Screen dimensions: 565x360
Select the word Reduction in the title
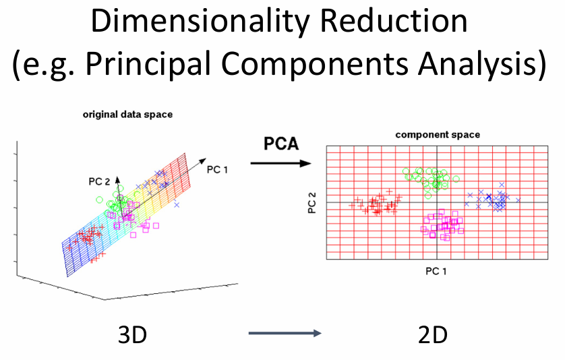tap(394, 21)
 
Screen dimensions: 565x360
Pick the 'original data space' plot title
tap(127, 115)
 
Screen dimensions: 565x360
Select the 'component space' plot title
tap(438, 135)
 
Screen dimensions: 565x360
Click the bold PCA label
tap(281, 144)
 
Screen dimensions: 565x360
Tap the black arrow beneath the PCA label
tap(280, 163)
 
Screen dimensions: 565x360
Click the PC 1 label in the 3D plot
tap(217, 170)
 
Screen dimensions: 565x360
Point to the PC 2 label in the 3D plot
tap(99, 181)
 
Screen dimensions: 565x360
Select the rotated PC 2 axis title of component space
tap(311, 202)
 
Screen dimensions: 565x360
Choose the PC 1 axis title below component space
tap(436, 271)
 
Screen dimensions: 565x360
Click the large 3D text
tap(133, 335)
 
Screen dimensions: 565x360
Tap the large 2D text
tap(433, 335)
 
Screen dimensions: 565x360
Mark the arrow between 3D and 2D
tap(285, 333)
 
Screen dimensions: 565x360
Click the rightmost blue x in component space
tap(518, 200)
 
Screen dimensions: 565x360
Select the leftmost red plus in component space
tap(352, 206)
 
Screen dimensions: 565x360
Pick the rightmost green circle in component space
tap(456, 179)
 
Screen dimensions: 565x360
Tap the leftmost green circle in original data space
tap(100, 200)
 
